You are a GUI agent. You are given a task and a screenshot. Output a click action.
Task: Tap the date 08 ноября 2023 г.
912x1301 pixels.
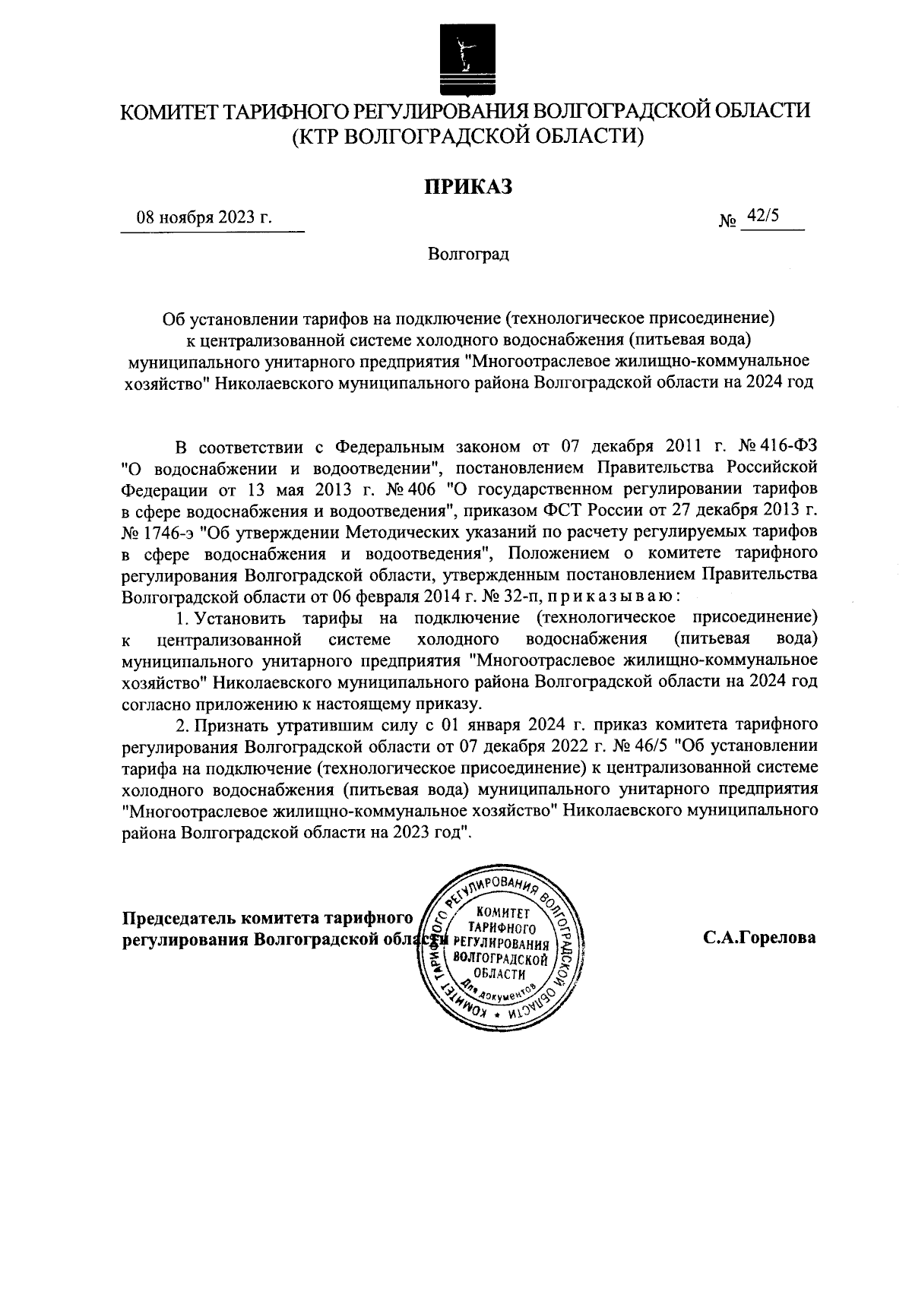tap(204, 217)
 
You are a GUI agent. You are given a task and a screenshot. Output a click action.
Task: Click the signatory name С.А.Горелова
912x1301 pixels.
tap(759, 938)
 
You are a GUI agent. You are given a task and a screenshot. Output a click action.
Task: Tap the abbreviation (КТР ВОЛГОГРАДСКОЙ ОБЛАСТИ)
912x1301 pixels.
tap(467, 138)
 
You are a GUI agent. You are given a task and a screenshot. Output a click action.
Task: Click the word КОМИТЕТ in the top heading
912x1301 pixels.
tap(169, 112)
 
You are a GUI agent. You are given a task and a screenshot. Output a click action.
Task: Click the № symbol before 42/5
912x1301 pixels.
tap(727, 221)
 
